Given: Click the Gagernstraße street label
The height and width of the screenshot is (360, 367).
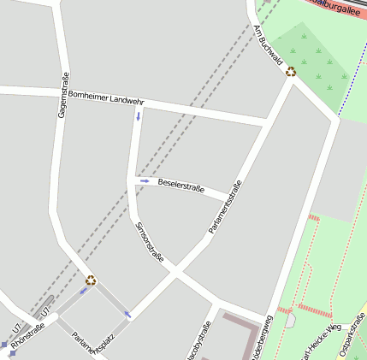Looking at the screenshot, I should (62, 95).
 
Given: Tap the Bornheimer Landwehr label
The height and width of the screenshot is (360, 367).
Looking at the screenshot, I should (106, 97).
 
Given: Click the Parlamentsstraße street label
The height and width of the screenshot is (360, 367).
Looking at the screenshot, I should (225, 208).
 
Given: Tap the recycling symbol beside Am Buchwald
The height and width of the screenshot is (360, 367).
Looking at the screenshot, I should (291, 72).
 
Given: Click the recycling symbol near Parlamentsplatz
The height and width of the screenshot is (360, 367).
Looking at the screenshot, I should (91, 280).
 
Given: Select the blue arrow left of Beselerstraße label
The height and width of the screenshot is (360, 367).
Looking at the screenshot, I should (145, 181).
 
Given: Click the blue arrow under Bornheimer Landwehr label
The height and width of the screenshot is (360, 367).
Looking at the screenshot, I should (138, 116).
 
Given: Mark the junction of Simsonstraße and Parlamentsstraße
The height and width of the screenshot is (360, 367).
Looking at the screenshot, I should (175, 273).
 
